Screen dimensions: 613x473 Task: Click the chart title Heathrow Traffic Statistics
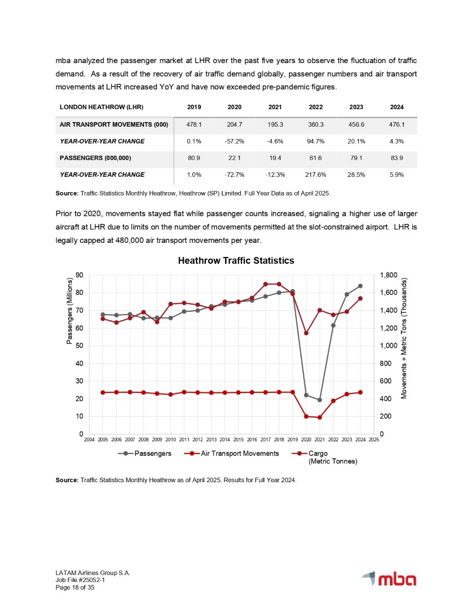click(x=236, y=260)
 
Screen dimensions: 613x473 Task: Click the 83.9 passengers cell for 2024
click(x=397, y=158)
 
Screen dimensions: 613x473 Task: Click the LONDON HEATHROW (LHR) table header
click(x=101, y=107)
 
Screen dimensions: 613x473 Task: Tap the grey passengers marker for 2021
click(x=320, y=400)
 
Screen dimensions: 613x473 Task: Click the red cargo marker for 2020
click(x=306, y=333)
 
